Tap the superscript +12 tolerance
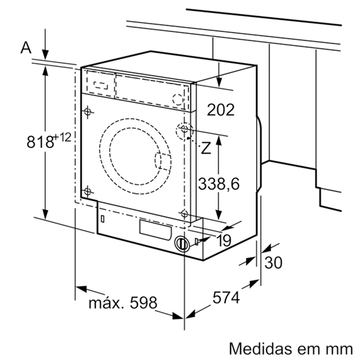62,138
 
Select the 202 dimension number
220,109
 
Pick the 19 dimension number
224,241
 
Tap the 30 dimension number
274,262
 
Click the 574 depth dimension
226,298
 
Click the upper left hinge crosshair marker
88,112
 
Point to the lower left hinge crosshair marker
88,192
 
